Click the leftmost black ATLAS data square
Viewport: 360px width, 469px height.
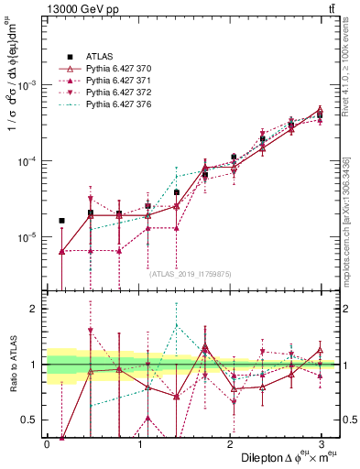61,221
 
